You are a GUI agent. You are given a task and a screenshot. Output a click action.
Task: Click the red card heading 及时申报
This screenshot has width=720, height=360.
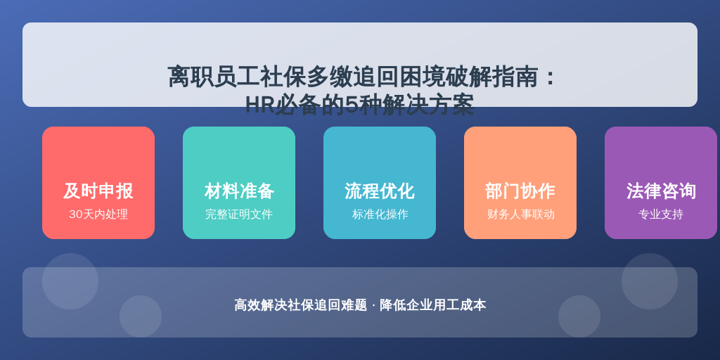98,191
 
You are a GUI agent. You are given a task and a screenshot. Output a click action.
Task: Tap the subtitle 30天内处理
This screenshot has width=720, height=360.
98,214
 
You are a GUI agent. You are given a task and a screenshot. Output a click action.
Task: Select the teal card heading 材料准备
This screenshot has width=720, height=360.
239,191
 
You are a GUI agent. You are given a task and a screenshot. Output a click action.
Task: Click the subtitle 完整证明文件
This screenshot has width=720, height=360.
239,214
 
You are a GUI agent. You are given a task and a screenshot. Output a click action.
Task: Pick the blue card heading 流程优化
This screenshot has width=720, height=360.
379,191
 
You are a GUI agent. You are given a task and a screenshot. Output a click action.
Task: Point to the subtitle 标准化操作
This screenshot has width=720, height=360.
380,214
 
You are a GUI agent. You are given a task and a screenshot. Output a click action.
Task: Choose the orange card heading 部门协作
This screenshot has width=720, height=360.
520,191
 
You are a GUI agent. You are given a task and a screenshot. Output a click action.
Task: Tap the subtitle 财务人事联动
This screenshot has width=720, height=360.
521,214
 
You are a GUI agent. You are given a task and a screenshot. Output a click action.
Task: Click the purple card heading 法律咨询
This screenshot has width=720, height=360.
661,191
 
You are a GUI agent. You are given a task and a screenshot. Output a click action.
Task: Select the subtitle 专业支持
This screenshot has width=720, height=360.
661,214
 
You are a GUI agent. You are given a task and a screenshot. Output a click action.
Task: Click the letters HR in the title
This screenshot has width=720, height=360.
259,105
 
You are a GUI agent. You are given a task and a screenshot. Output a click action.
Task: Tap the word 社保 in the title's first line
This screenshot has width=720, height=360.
283,77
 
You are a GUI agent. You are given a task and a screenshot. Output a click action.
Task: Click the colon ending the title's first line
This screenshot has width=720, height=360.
549,77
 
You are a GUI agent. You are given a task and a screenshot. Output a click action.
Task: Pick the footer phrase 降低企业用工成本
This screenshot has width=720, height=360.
432,305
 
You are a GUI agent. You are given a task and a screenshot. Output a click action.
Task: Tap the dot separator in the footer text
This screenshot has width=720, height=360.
373,305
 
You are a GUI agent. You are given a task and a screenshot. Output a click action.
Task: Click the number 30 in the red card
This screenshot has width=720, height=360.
75,214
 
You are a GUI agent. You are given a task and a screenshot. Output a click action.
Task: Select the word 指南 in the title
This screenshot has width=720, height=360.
515,77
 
